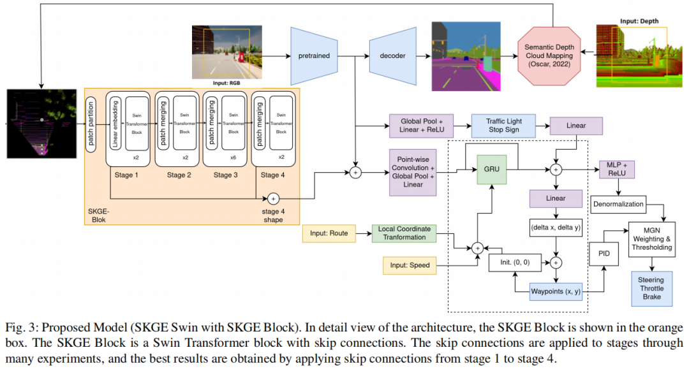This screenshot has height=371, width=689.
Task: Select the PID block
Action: (604, 252)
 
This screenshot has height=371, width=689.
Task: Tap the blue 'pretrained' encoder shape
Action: (314, 55)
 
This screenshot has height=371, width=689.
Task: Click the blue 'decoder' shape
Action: (392, 55)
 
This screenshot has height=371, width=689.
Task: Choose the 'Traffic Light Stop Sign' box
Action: (503, 125)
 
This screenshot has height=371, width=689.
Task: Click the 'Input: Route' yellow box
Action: (329, 233)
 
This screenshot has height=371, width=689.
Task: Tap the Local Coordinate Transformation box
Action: (404, 233)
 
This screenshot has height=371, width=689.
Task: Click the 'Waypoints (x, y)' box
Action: (555, 292)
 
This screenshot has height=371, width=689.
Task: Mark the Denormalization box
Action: (618, 205)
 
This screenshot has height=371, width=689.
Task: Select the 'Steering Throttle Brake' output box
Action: (651, 288)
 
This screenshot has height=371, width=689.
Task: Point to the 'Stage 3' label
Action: (223, 175)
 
